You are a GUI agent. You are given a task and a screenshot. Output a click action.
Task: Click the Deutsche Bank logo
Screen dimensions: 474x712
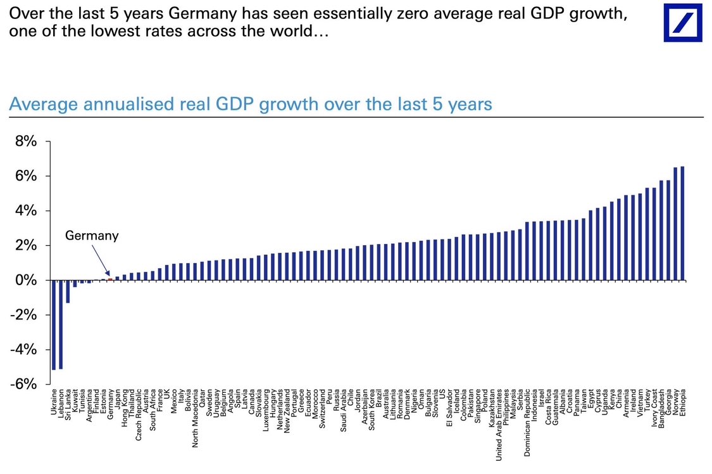pos(683,22)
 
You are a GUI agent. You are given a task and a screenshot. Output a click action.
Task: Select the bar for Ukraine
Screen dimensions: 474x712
pos(54,324)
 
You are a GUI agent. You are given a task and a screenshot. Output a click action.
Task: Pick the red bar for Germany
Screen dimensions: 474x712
pos(110,279)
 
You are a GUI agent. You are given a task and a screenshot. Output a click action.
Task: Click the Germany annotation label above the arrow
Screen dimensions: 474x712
pos(92,236)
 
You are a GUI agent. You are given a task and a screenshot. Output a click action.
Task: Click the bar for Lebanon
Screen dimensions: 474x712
pos(61,324)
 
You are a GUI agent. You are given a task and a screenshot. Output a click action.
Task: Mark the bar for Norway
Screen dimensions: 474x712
pos(675,224)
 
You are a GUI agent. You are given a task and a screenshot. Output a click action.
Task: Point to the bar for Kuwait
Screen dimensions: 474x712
pos(75,284)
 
